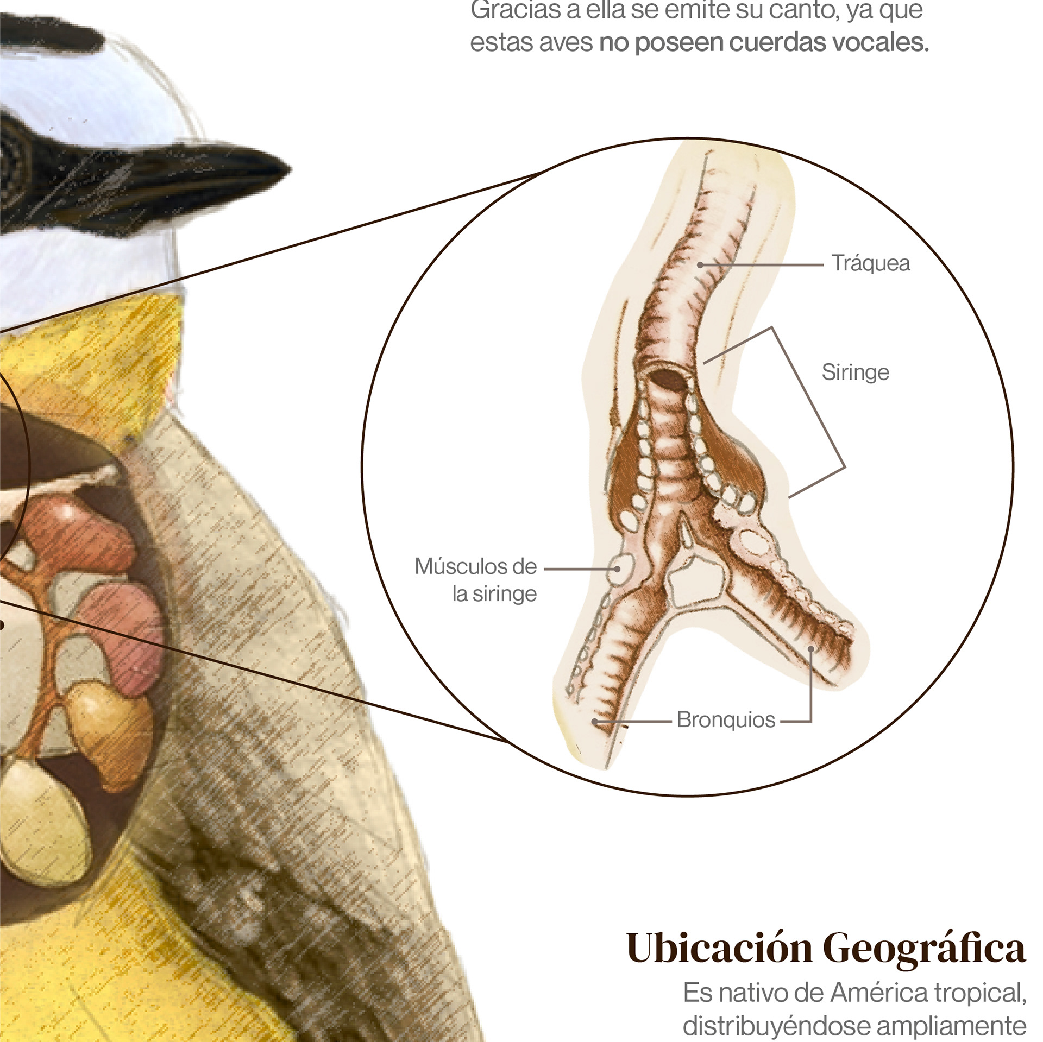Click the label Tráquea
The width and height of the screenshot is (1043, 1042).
click(871, 263)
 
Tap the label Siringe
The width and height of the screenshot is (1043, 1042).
click(855, 372)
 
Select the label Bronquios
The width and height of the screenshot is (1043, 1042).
click(726, 720)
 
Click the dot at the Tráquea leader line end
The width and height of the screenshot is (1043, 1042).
click(701, 264)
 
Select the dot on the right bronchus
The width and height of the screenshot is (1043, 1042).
click(810, 649)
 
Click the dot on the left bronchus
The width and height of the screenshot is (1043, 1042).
click(595, 722)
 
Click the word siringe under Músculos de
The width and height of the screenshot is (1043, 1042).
click(504, 595)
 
